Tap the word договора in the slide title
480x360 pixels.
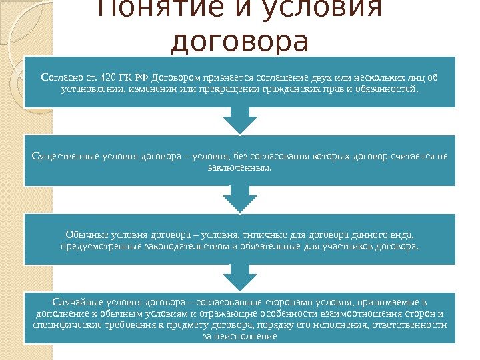click(240, 41)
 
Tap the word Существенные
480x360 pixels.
click(66, 157)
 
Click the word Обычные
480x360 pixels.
click(86, 235)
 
